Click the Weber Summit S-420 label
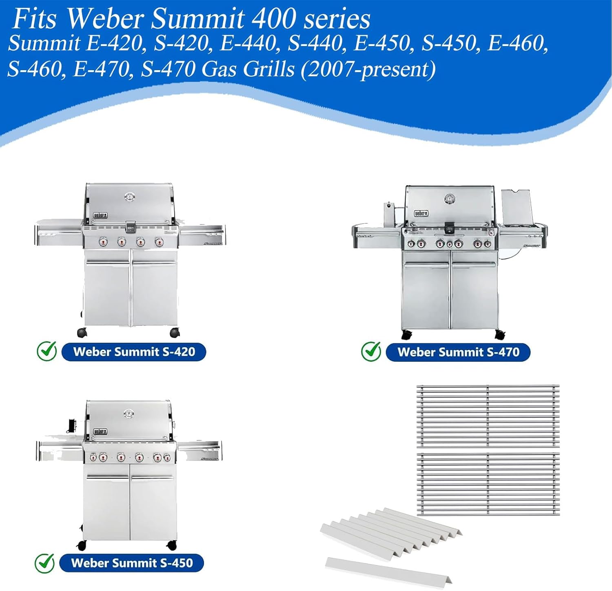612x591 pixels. (134, 352)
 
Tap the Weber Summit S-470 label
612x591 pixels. (458, 352)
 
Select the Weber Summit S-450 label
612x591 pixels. (131, 563)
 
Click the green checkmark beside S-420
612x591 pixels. (47, 351)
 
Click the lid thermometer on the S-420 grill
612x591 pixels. (130, 197)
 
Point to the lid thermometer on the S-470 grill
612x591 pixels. (450, 199)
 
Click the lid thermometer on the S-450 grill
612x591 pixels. (129, 414)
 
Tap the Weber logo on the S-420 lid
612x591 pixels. (100, 215)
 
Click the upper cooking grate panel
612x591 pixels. (488, 416)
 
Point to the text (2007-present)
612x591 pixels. (368, 69)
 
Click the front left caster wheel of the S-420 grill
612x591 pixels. (82, 332)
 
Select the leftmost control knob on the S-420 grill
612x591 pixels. (103, 242)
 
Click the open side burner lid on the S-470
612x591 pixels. (517, 208)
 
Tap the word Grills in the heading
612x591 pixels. (268, 69)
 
